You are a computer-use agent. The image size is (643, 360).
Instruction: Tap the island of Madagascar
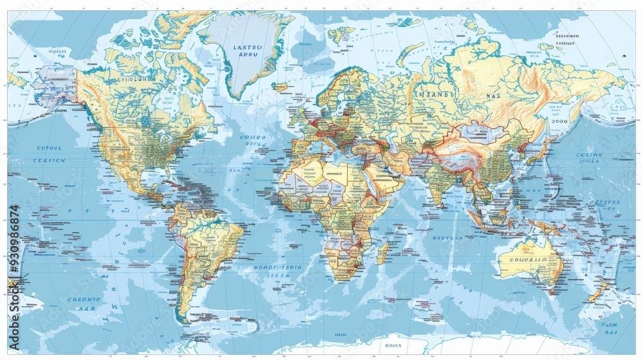[383, 251]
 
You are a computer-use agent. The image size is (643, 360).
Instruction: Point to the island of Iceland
[280, 86]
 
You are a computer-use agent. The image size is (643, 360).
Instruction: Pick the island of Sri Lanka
[448, 204]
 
